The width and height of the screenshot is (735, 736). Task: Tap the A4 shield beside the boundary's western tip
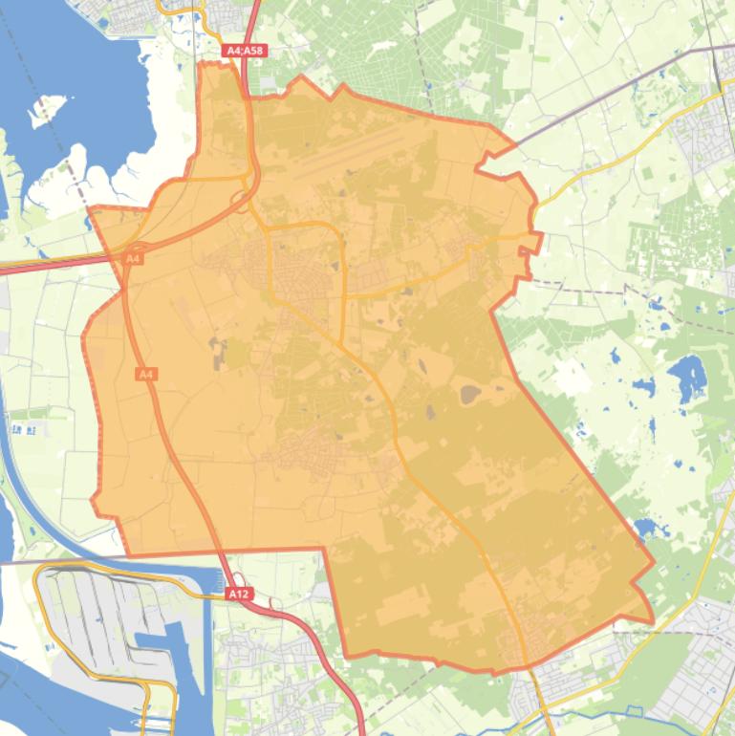pyautogui.click(x=134, y=258)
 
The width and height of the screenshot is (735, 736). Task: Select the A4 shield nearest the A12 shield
pyautogui.click(x=146, y=375)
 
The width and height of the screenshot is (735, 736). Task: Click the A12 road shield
pyautogui.click(x=239, y=594)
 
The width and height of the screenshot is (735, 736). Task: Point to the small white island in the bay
pyautogui.click(x=48, y=108)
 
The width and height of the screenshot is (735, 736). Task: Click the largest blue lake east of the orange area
pyautogui.click(x=687, y=377)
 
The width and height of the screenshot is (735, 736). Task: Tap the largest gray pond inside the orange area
pyautogui.click(x=470, y=393)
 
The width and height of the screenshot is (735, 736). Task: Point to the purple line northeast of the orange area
pyautogui.click(x=612, y=86)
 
